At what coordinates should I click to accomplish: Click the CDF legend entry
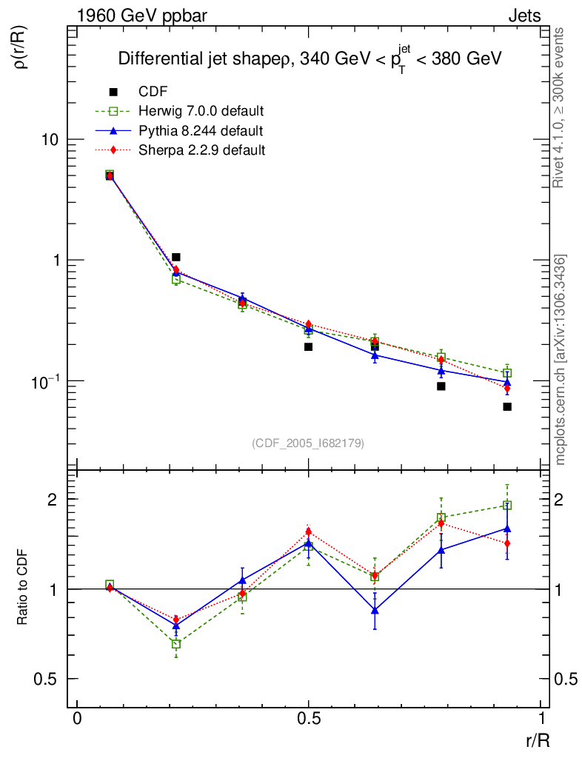click(153, 92)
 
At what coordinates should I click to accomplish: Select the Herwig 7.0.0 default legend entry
click(201, 112)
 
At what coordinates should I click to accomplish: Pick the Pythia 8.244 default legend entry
click(201, 131)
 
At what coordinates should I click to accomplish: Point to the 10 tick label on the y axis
click(51, 140)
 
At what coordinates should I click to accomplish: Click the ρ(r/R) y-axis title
click(22, 49)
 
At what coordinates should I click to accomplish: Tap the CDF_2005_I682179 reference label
click(309, 443)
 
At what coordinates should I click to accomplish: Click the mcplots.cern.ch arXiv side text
click(561, 360)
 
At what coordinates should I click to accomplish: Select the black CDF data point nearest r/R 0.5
click(308, 346)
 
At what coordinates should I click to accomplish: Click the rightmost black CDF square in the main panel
click(507, 406)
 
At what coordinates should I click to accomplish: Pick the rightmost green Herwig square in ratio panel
click(507, 506)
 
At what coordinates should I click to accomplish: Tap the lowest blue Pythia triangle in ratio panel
click(375, 611)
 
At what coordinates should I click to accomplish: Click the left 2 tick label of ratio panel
click(52, 500)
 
